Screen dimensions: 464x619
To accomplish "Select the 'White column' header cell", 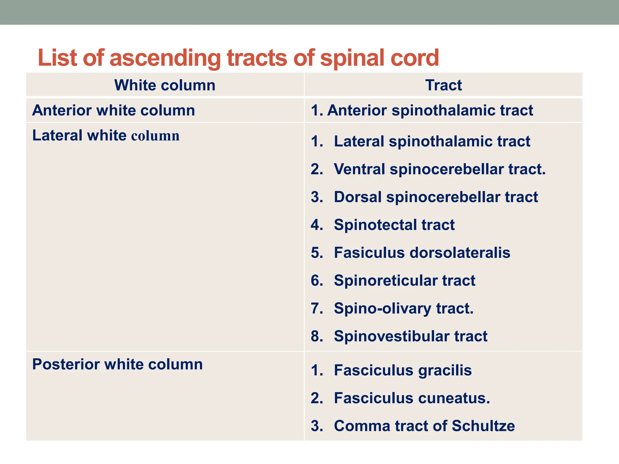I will tap(165, 85).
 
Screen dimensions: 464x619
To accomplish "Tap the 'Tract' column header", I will tap(443, 85).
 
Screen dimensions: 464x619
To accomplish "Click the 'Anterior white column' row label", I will tap(113, 110).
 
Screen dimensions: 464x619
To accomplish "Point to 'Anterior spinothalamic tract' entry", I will tap(422, 110).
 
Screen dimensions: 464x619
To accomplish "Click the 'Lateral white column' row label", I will tap(106, 135).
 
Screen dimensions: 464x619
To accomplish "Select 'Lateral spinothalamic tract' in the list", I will tap(432, 141).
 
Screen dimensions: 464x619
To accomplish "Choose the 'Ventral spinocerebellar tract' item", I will tap(439, 169).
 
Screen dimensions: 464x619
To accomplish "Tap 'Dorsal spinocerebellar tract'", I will tap(436, 197).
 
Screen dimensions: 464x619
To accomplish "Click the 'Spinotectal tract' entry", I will tap(394, 225).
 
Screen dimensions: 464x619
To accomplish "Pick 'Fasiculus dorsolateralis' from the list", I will tap(422, 253).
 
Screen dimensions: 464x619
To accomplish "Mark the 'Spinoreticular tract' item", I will tap(404, 281).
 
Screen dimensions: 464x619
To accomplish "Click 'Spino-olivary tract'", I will tap(403, 308).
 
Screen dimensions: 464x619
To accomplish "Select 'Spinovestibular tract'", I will tap(410, 336).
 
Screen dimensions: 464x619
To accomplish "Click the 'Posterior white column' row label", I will tap(117, 364).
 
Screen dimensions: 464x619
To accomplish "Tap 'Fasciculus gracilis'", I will tap(403, 370).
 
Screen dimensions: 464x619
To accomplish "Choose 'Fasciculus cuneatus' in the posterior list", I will tap(412, 398).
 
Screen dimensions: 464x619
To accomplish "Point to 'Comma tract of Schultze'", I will tap(424, 426).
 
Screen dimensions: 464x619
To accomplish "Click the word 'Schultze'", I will tap(483, 426).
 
